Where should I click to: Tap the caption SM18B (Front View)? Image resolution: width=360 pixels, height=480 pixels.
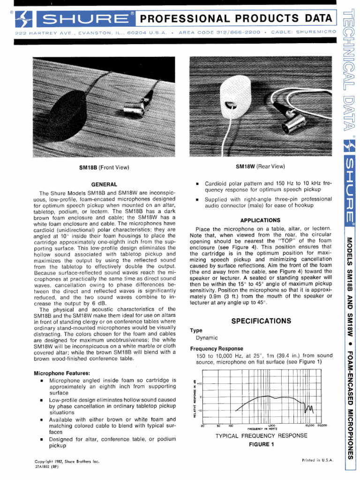point(104,167)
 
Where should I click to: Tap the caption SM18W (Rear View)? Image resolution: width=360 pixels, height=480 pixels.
point(260,166)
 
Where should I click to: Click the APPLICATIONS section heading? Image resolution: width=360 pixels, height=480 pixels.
point(260,220)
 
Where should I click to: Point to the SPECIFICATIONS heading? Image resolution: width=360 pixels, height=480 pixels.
point(261,321)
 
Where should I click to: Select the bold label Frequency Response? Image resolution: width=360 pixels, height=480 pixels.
point(217,349)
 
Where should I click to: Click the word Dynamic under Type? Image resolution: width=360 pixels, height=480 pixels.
point(207,337)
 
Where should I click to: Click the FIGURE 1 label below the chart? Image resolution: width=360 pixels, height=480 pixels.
point(261,444)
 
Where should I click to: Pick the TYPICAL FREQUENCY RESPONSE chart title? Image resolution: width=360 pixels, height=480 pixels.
point(261,435)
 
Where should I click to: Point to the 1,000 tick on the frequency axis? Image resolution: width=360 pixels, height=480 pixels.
point(271,426)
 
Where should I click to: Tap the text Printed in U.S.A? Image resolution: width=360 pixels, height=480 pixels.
point(317,460)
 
